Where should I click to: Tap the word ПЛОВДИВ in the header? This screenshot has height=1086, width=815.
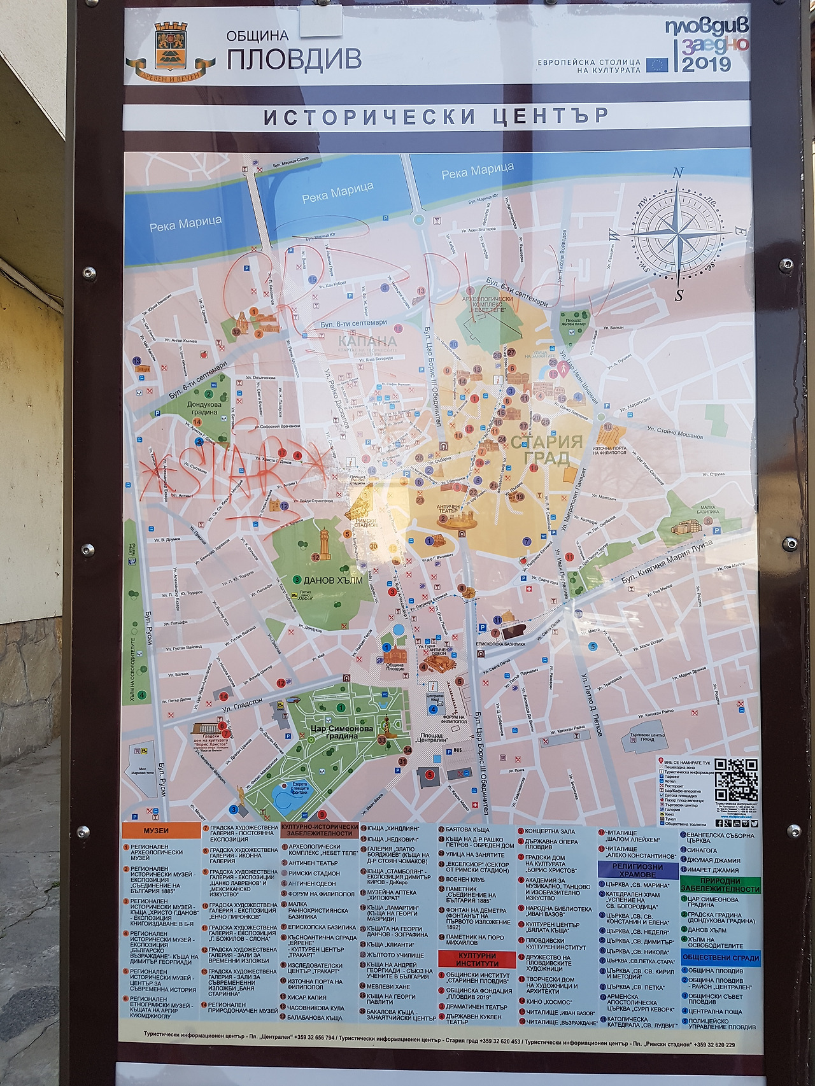294,59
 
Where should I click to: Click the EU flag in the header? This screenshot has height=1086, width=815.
657,65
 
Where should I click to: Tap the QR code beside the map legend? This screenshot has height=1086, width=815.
735,779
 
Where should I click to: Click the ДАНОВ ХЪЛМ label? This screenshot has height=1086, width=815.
332,581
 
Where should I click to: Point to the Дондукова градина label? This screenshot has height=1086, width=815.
204,408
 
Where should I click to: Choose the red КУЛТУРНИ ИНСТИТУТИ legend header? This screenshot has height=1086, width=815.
477,959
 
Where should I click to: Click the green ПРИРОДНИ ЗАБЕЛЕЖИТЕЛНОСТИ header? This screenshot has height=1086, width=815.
719,885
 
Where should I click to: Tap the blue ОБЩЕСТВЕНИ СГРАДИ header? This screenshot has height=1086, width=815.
719,957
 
